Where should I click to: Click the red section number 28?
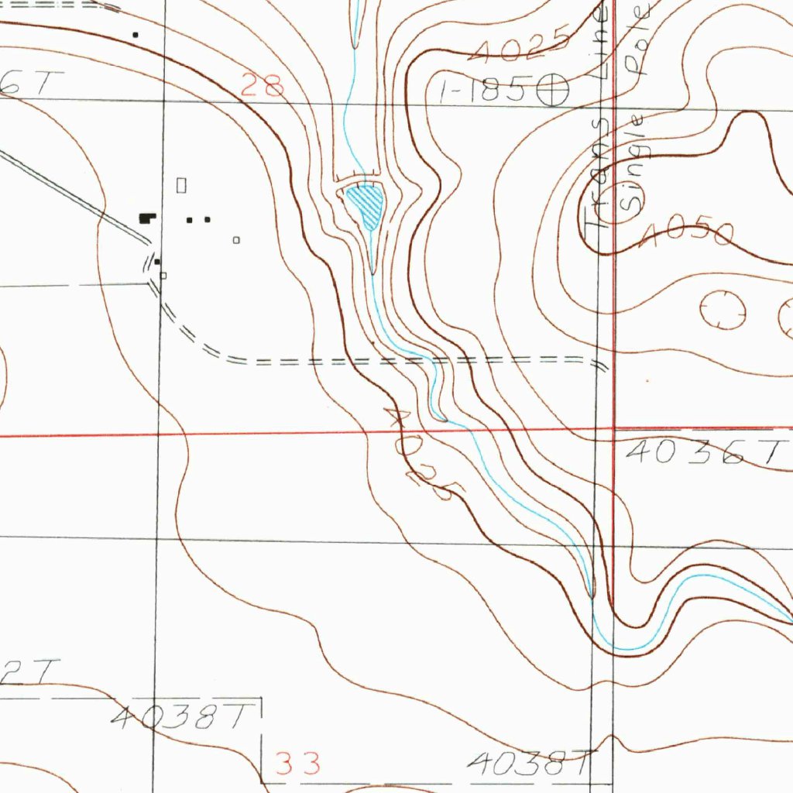tap(263, 84)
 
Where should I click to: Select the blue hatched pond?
tap(366, 205)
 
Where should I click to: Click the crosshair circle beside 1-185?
tap(554, 90)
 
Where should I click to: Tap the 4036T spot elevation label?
tap(704, 452)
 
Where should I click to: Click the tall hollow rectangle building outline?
tap(183, 184)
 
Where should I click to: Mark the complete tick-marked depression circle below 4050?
tap(722, 310)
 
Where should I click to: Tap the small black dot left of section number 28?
tap(136, 34)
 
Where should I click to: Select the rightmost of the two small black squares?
tap(208, 219)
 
